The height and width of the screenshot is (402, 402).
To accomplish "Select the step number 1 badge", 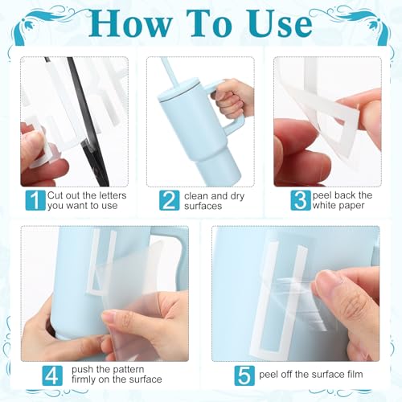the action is (35, 200).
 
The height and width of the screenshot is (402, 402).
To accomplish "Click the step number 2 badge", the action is (169, 200).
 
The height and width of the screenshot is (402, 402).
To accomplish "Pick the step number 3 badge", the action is (301, 200).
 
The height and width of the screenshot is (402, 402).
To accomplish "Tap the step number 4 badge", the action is (52, 375).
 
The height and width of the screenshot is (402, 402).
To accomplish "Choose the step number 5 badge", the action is (244, 375).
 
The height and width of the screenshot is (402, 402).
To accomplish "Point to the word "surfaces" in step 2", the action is (203, 206).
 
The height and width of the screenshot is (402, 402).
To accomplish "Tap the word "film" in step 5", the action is (355, 374).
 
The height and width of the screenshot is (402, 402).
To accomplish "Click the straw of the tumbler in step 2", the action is (168, 69).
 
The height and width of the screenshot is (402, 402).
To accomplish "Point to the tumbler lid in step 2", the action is (181, 88).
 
